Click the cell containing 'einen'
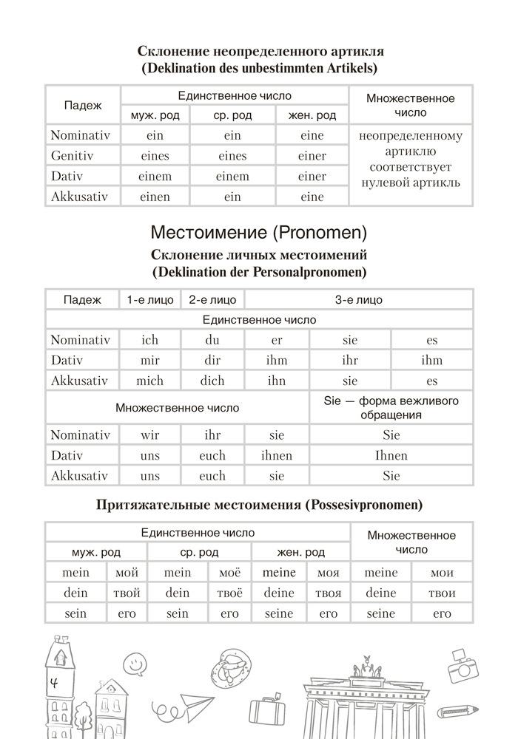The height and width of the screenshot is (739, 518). click(x=155, y=197)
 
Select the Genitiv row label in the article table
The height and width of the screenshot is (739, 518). click(x=74, y=156)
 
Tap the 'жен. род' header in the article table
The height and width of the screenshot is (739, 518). click(x=312, y=115)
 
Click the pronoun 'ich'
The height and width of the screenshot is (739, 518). click(x=149, y=340)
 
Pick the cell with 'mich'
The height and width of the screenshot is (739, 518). click(x=149, y=381)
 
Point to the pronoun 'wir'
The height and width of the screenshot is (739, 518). click(x=149, y=435)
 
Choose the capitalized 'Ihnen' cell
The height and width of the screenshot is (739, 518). click(x=391, y=456)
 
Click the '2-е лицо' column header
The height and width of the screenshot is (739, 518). click(x=212, y=300)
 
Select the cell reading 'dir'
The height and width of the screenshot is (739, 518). click(x=212, y=361)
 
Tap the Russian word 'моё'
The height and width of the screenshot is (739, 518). click(x=229, y=573)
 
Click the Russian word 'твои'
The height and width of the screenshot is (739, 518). click(x=442, y=593)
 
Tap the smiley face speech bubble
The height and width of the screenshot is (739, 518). click(x=134, y=664)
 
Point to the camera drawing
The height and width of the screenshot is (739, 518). click(x=463, y=669)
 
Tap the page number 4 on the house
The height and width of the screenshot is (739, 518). click(x=54, y=683)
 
